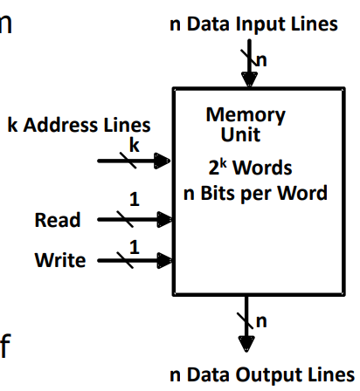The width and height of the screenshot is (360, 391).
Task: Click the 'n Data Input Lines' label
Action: tap(253, 24)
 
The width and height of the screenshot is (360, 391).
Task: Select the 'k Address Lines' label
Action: tap(79, 124)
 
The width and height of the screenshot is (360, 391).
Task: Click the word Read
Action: tap(58, 220)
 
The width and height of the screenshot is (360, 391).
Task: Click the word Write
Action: tap(60, 260)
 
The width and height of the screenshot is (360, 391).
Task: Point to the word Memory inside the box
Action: tap(246, 115)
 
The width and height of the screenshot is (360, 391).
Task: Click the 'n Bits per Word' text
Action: tap(255, 192)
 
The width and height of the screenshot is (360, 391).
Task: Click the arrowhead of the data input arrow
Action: tap(250, 78)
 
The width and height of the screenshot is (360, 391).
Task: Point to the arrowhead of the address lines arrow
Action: tap(163, 161)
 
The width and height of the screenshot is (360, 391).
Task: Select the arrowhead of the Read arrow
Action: tap(163, 220)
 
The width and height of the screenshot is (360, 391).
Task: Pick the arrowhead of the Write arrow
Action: tap(163, 260)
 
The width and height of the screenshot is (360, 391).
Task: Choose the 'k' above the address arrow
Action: tap(134, 145)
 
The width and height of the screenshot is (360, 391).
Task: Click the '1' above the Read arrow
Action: tap(134, 201)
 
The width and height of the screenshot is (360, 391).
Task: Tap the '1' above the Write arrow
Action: tap(134, 247)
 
